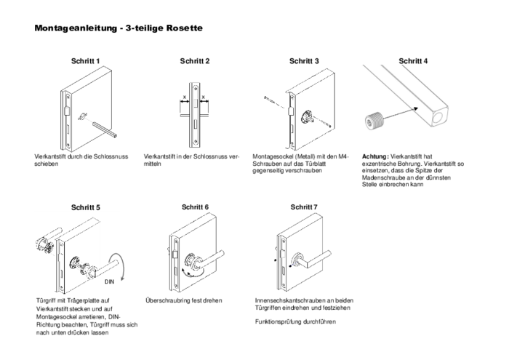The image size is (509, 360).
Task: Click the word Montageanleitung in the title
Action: click(76, 28)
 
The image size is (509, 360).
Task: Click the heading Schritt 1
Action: click(85, 61)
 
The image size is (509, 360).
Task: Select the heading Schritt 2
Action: click(195, 61)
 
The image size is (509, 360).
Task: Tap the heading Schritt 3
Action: click(304, 61)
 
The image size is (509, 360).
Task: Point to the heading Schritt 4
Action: click(413, 61)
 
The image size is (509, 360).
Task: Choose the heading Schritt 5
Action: click(86, 207)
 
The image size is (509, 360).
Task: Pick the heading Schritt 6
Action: click(195, 207)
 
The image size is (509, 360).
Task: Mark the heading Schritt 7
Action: click(304, 207)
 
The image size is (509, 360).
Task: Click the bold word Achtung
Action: click(375, 156)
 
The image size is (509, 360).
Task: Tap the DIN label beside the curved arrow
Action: click(109, 281)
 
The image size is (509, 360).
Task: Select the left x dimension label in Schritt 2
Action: click(185, 97)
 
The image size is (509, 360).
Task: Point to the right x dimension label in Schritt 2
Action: click(204, 97)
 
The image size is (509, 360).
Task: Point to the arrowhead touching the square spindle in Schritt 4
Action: click(415, 109)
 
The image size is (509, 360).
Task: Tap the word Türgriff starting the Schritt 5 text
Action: click(46, 300)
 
